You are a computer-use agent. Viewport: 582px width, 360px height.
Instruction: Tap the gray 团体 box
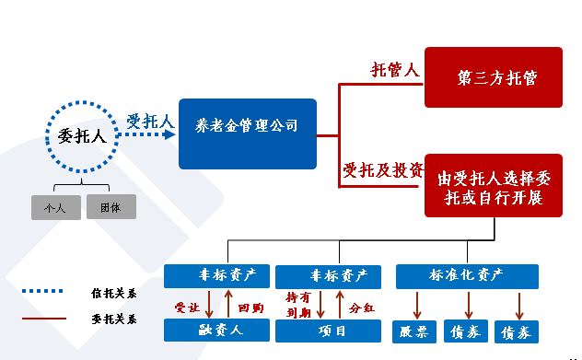pyautogui.click(x=111, y=208)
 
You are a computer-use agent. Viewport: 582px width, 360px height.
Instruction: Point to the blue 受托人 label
pyautogui.click(x=150, y=121)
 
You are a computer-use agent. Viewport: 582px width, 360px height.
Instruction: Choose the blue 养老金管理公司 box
pyautogui.click(x=247, y=134)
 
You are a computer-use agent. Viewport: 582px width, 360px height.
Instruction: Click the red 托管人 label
pyautogui.click(x=395, y=70)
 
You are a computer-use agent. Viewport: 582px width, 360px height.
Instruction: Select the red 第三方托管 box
pyautogui.click(x=493, y=78)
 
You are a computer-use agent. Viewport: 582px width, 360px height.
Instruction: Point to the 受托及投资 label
pyautogui.click(x=383, y=169)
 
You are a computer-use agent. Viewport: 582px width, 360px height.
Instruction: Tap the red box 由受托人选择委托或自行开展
pyautogui.click(x=493, y=185)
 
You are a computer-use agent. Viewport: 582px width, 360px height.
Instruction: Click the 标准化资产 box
pyautogui.click(x=466, y=274)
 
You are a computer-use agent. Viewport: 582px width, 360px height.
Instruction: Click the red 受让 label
pyautogui.click(x=187, y=306)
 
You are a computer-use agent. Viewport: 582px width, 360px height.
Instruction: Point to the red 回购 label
pyautogui.click(x=250, y=306)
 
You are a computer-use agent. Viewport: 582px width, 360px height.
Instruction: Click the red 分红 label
pyautogui.click(x=360, y=306)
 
